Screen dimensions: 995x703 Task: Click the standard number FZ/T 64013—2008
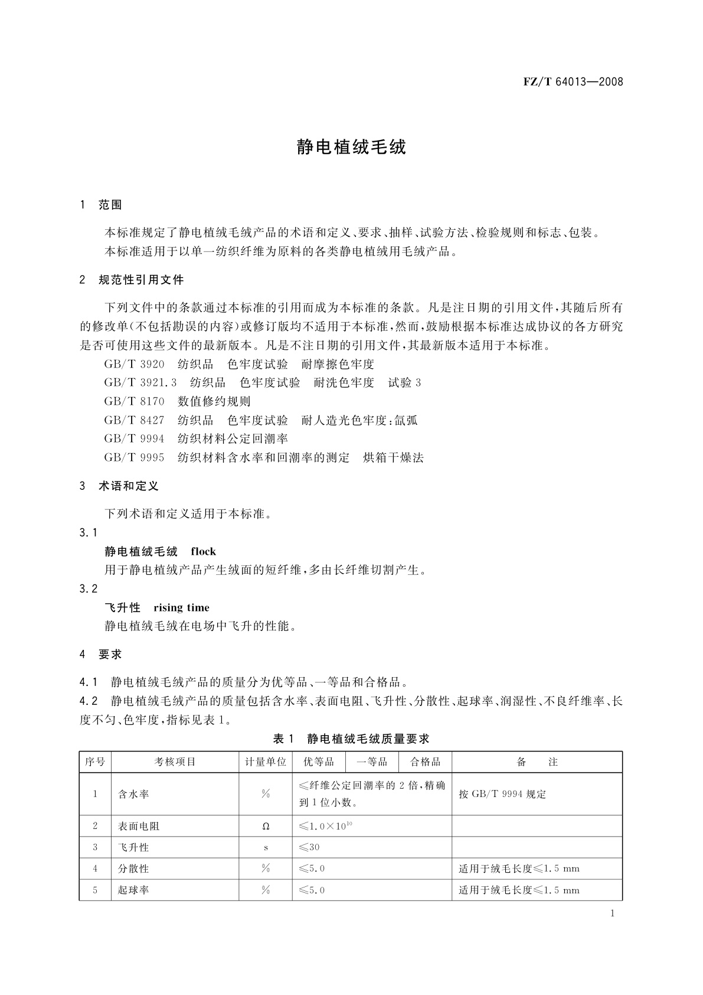click(573, 82)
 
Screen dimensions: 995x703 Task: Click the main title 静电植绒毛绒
click(351, 147)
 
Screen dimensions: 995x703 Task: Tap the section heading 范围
click(110, 205)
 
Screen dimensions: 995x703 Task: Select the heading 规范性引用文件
click(141, 280)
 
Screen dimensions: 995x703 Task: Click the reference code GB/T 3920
click(134, 365)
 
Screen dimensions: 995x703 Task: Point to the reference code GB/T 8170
click(134, 402)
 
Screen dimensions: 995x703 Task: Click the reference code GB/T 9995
click(134, 458)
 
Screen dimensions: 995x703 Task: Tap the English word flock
click(204, 552)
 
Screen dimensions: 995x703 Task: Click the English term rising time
click(181, 608)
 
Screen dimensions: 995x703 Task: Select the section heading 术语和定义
click(129, 486)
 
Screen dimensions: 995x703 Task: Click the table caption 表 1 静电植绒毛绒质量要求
click(351, 739)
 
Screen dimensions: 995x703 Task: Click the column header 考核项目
click(175, 762)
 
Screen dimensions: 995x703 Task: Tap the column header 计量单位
click(266, 762)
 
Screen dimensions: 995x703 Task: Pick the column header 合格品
click(426, 762)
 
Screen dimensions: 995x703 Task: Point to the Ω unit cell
click(266, 827)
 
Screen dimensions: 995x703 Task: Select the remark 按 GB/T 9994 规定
click(502, 795)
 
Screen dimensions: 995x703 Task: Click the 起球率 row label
click(133, 890)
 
